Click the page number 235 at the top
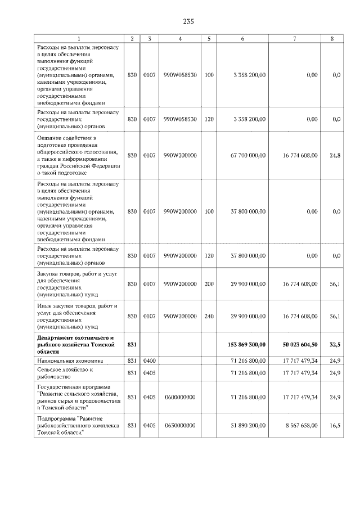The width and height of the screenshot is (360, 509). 188,21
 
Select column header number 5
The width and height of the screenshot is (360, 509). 209,38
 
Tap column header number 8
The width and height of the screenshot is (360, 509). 336,38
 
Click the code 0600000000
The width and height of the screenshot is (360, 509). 179,397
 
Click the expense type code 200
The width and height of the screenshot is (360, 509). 209,284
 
